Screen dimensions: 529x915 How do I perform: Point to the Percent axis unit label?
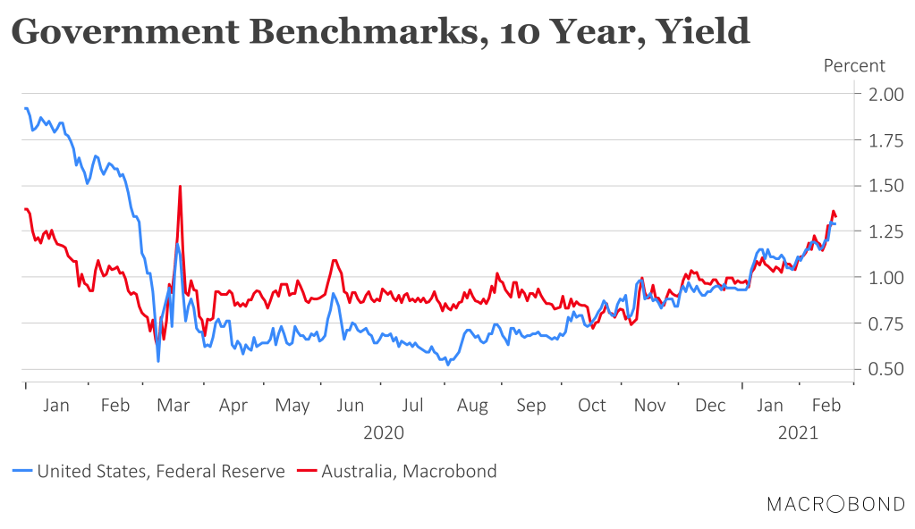pyautogui.click(x=854, y=65)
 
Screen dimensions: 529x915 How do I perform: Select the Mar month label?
pyautogui.click(x=174, y=406)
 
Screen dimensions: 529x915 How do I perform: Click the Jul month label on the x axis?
pyautogui.click(x=412, y=406)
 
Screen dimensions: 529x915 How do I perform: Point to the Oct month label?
pyautogui.click(x=591, y=406)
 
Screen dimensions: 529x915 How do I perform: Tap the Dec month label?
pyautogui.click(x=710, y=406)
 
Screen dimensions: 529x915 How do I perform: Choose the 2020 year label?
pyautogui.click(x=384, y=432)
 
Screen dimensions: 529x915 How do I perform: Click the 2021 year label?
pyautogui.click(x=799, y=432)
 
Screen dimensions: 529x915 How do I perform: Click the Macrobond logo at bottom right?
pyautogui.click(x=835, y=505)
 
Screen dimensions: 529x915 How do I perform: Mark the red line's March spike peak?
pyautogui.click(x=181, y=186)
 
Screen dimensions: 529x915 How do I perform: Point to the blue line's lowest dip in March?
pyautogui.click(x=158, y=361)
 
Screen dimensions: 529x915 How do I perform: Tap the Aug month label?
pyautogui.click(x=472, y=406)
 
